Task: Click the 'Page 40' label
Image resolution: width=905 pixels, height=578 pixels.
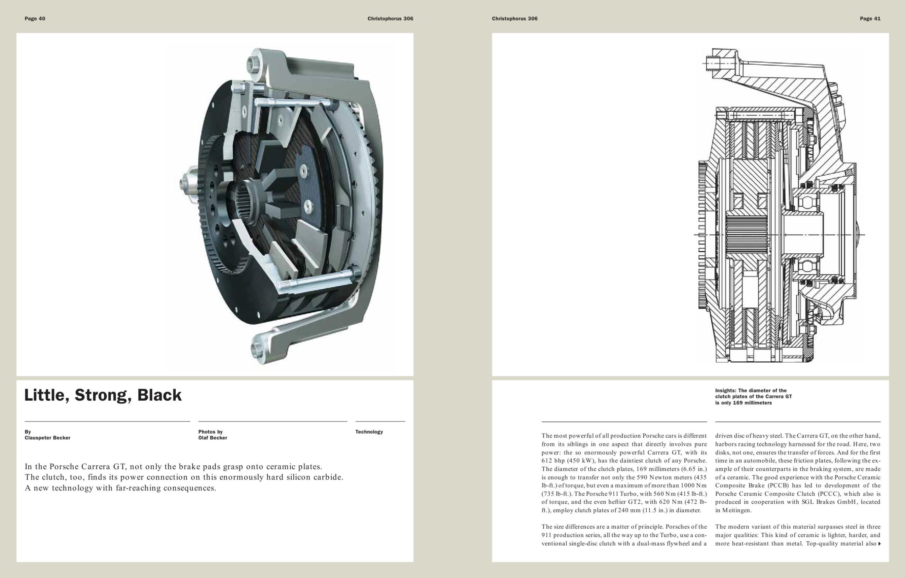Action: pos(35,19)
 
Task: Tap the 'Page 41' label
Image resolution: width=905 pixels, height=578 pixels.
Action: pos(870,19)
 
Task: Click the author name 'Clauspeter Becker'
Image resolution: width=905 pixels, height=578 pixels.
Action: pos(47,438)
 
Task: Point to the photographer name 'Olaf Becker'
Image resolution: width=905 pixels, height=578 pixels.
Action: pos(213,438)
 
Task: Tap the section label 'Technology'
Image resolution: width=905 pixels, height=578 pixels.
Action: pos(369,432)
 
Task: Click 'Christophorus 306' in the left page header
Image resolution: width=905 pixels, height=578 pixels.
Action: pos(390,19)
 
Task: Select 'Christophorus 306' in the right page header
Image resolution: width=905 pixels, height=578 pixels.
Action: pos(514,19)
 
